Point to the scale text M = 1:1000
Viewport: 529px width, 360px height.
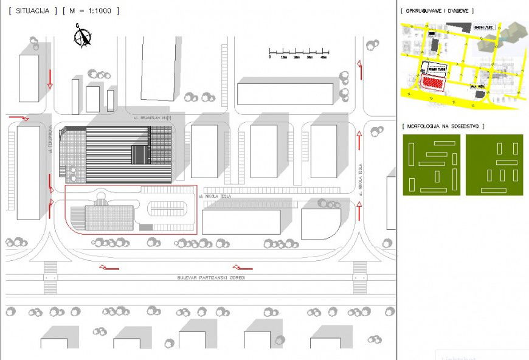[x=91, y=11]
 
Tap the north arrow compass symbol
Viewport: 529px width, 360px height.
[x=82, y=36]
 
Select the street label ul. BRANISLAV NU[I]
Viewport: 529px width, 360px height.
[x=152, y=117]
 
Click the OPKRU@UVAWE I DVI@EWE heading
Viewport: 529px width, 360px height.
[x=437, y=11]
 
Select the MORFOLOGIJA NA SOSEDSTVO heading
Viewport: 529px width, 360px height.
[x=443, y=126]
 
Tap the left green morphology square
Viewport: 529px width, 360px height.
[x=433, y=165]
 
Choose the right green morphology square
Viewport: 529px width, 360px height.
[x=494, y=165]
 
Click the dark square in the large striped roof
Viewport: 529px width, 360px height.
[x=140, y=154]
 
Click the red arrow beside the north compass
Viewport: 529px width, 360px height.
[x=50, y=78]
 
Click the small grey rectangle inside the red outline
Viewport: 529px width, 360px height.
[x=146, y=227]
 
